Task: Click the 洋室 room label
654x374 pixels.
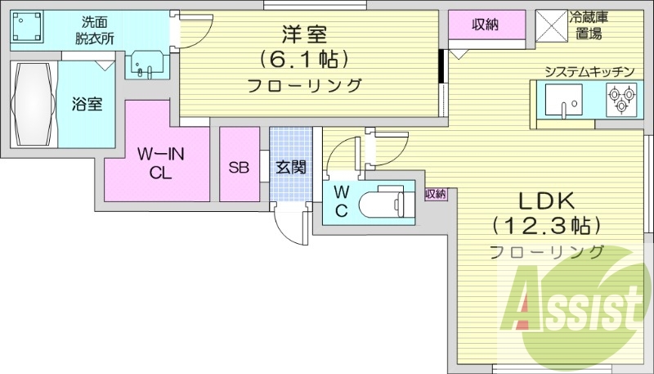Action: pyautogui.click(x=304, y=35)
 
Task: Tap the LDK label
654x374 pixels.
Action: pyautogui.click(x=544, y=199)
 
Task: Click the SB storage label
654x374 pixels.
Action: pyautogui.click(x=239, y=168)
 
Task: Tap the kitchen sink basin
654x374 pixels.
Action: pyautogui.click(x=563, y=102)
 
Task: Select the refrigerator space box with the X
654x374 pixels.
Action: pyautogui.click(x=553, y=24)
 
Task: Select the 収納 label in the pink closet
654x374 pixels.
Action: pyautogui.click(x=486, y=24)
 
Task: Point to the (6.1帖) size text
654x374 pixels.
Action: pyautogui.click(x=304, y=59)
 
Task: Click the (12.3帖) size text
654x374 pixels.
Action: pyautogui.click(x=545, y=224)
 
